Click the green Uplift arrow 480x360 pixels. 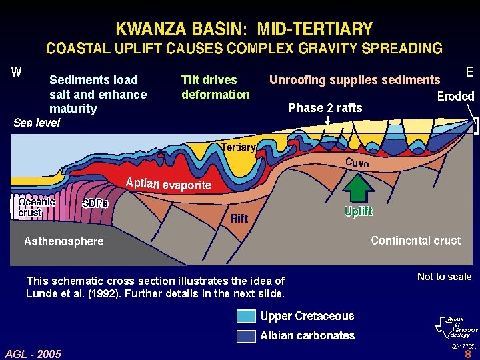(358, 187)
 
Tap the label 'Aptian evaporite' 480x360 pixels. (169, 184)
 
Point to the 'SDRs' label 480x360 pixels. (95, 203)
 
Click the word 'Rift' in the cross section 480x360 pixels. (239, 218)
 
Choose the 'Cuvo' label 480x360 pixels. (357, 163)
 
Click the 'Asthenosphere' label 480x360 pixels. (64, 241)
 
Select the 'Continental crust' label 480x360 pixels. (415, 240)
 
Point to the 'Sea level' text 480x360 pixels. (37, 122)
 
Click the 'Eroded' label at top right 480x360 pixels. (455, 96)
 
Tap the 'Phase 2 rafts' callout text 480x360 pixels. (325, 108)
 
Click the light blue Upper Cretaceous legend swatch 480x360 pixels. (246, 316)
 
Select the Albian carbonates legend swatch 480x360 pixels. (246, 335)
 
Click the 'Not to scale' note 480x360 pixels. (444, 276)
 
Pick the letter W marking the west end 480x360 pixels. (17, 72)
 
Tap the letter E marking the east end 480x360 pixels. (469, 71)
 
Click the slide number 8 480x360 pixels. (468, 355)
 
